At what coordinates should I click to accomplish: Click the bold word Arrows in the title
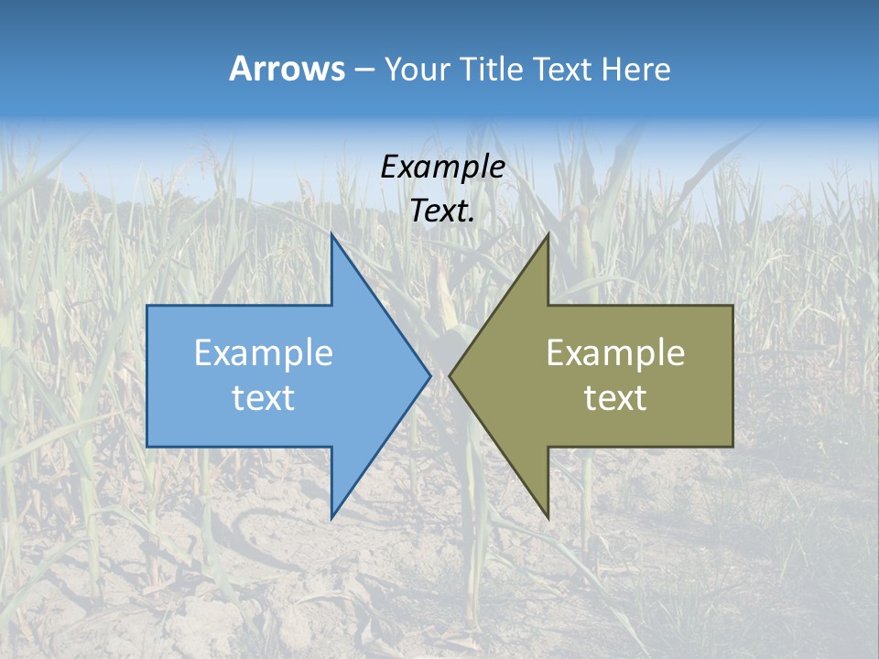(286, 69)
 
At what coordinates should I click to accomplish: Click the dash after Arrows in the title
(363, 70)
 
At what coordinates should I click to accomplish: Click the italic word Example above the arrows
(442, 167)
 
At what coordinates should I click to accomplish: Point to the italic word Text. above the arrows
(442, 211)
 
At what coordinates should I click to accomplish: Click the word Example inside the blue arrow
(264, 352)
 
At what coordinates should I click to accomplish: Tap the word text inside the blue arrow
(264, 398)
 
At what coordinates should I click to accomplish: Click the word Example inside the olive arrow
(615, 352)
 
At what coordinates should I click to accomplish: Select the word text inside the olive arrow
(615, 398)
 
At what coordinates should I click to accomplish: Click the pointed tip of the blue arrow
(429, 375)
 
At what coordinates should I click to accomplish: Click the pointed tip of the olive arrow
(450, 375)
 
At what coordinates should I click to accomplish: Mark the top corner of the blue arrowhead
(331, 235)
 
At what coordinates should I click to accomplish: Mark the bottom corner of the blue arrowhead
(331, 517)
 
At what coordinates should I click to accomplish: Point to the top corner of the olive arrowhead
(548, 235)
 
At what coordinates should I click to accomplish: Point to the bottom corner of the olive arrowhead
(548, 517)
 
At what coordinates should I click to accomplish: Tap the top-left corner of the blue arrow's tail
(147, 306)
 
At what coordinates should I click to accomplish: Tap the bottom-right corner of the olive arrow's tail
(732, 446)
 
